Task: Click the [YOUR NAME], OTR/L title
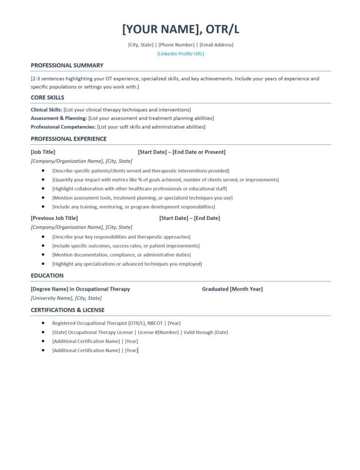(x=180, y=29)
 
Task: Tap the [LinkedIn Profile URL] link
(x=180, y=54)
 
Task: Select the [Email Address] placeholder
(x=216, y=45)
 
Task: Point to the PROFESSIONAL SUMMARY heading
(x=67, y=65)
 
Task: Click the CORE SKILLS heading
(x=47, y=97)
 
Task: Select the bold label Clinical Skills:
(x=46, y=110)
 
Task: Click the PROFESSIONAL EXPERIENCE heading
(x=68, y=139)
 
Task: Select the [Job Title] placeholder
(x=43, y=152)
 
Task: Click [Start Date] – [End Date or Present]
(x=181, y=152)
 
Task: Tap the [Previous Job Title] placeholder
(x=54, y=218)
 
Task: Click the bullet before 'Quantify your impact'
(x=43, y=179)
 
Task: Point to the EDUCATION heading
(x=47, y=275)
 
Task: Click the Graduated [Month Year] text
(x=232, y=289)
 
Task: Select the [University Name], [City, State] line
(x=66, y=298)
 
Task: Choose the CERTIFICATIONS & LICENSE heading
(x=67, y=310)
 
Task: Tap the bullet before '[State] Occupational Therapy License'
(x=43, y=332)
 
